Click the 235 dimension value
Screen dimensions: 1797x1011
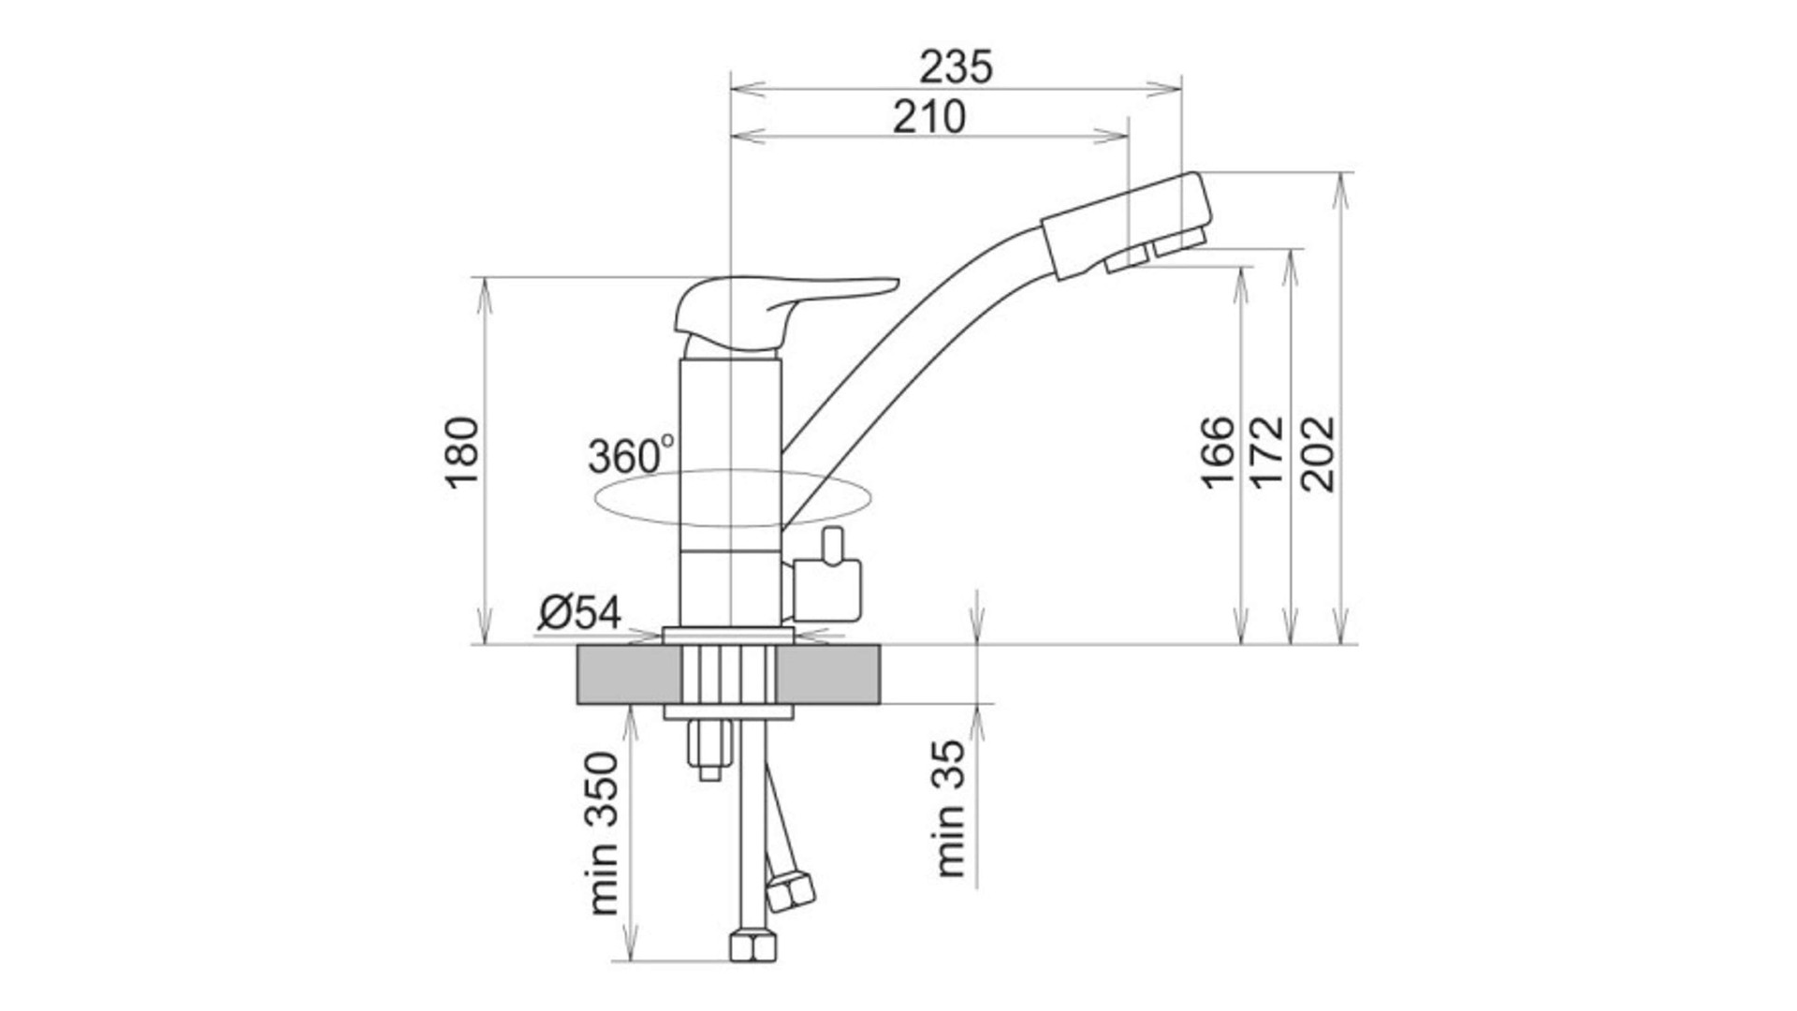click(956, 67)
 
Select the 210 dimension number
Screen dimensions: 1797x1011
click(928, 118)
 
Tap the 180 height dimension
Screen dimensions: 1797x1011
click(461, 452)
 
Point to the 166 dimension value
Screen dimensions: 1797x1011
click(1217, 452)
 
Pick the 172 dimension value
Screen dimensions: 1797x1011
click(1267, 452)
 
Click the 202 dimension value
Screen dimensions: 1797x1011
click(1318, 453)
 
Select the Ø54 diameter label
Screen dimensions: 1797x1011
click(579, 613)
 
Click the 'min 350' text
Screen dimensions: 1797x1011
click(605, 833)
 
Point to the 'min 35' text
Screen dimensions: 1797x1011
click(950, 808)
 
